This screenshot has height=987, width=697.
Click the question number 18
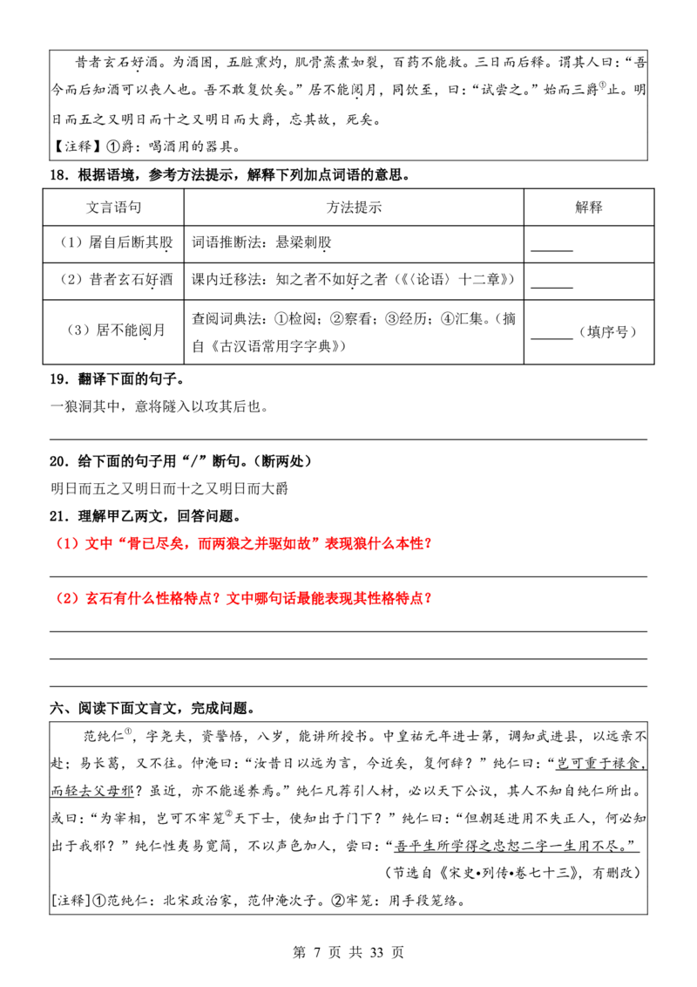point(59,175)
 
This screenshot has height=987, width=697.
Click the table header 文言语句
point(113,208)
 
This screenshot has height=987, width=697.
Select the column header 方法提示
point(354,208)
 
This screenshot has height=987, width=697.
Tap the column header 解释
point(589,208)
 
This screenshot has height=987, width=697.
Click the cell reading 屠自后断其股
point(117,242)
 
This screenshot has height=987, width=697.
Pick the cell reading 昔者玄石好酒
point(117,280)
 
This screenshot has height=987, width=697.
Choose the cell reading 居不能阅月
point(117,330)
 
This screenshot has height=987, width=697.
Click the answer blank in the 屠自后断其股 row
point(552,250)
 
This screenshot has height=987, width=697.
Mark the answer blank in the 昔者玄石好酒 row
point(552,287)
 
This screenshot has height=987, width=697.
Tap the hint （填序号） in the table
point(607,331)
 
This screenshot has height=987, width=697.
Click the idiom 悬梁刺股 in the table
point(303,242)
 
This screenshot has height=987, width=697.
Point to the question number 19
point(59,379)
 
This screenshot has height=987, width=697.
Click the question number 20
point(59,461)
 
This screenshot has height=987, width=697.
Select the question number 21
point(59,516)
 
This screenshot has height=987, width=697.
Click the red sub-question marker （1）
point(68,543)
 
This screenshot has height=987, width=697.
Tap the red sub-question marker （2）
point(68,598)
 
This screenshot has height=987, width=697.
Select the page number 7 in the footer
point(316,952)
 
